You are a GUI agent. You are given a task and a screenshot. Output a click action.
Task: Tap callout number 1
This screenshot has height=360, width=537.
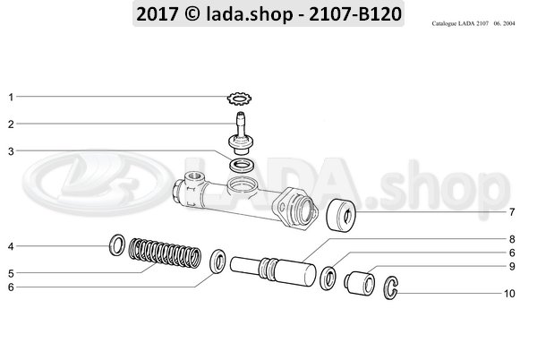(x=11, y=96)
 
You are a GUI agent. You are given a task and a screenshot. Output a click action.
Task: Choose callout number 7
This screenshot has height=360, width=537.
(x=512, y=212)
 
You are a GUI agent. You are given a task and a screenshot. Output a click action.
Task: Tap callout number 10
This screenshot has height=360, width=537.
(x=511, y=293)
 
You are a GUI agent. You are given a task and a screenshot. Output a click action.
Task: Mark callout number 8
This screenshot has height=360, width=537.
(x=512, y=239)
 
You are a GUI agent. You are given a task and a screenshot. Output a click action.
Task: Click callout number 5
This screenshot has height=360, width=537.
(x=11, y=273)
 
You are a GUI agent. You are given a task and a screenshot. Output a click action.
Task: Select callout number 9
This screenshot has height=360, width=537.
(x=512, y=266)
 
